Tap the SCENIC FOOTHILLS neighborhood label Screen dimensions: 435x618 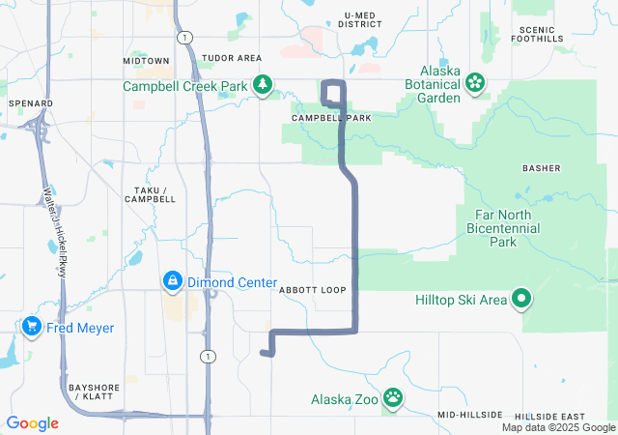point(538,32)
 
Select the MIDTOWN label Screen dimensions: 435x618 point(146,60)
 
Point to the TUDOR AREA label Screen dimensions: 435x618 point(232,59)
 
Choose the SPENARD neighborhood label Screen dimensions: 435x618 point(30,102)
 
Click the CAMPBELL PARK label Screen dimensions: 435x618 point(331,118)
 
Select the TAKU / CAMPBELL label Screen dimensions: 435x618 point(151,193)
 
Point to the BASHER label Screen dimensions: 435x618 point(541,168)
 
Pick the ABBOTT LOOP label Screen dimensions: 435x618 point(312,290)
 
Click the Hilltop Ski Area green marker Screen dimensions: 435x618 point(521,300)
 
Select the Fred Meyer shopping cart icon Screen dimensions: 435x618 point(32,328)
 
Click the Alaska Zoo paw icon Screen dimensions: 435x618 point(393,398)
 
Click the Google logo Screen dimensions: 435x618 point(32,423)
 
